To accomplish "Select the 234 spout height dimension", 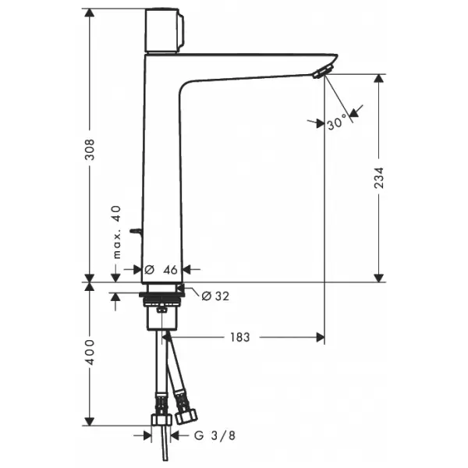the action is (x=379, y=178).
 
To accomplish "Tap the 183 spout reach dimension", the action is (x=239, y=337).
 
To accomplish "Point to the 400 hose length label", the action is (x=90, y=352).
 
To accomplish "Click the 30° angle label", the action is (x=338, y=122).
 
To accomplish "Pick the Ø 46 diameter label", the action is (x=161, y=270).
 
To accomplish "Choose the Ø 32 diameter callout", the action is (x=215, y=296).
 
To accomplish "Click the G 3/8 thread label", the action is (x=214, y=436).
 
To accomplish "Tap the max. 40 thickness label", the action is (x=117, y=232).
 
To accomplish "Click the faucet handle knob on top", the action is (x=164, y=30).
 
